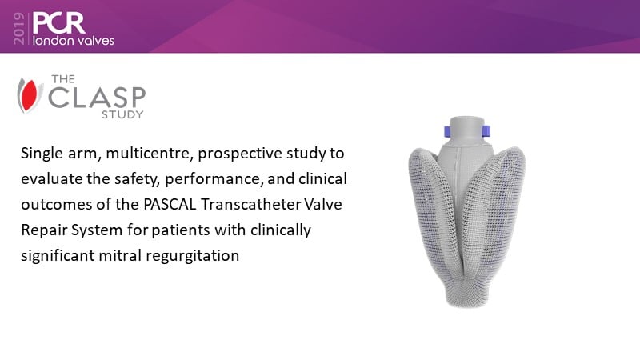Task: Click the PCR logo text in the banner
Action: click(58, 23)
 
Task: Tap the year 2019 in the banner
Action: click(18, 28)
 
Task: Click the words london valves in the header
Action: click(73, 41)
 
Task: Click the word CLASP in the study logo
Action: click(97, 97)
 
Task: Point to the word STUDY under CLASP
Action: click(122, 114)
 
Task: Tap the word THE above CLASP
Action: click(63, 78)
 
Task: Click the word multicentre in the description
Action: click(150, 154)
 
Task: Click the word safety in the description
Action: click(137, 179)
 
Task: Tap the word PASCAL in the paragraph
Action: click(170, 204)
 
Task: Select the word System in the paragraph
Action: click(97, 230)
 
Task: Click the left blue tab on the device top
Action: click(447, 131)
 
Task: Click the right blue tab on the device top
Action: click(486, 131)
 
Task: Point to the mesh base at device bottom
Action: click(467, 293)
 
